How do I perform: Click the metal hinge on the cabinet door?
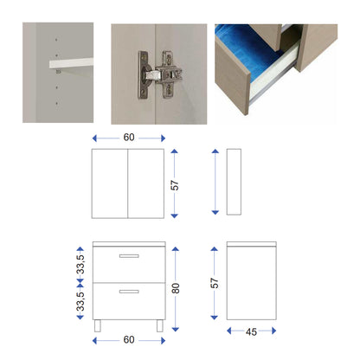point(159,75)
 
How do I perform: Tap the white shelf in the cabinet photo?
point(71,63)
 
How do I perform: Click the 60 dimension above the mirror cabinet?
point(129,137)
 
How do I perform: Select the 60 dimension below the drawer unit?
point(129,339)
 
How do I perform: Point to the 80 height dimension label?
point(176,288)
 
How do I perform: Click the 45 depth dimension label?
point(251,331)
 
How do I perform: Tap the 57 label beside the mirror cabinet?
point(175,185)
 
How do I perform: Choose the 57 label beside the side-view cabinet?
point(215,283)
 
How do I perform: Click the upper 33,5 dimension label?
point(80,264)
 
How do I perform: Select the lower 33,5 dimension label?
point(80,301)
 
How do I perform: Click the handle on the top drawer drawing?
point(129,256)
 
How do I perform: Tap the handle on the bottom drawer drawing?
point(129,292)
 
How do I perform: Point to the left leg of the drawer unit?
point(98,325)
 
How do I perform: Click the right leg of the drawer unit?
point(160,325)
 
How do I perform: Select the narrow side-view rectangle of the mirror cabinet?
point(234,182)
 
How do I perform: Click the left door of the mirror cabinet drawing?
point(110,183)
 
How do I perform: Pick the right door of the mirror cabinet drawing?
point(146,183)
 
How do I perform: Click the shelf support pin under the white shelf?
point(58,72)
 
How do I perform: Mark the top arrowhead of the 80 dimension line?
point(176,249)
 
